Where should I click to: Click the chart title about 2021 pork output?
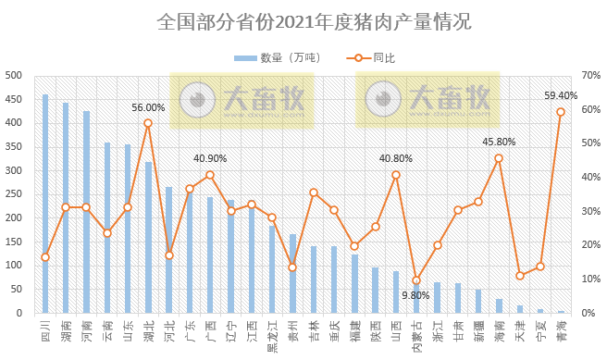pyautogui.click(x=303, y=20)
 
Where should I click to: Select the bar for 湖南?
pyautogui.click(x=66, y=208)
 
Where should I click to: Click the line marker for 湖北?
pyautogui.click(x=148, y=123)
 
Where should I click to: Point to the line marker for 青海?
pyautogui.click(x=561, y=112)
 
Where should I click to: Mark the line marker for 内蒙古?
pyautogui.click(x=416, y=279)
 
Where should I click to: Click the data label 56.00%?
pyautogui.click(x=148, y=107)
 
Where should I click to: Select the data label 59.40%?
pyautogui.click(x=561, y=95)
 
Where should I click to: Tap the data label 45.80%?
pyautogui.click(x=499, y=142)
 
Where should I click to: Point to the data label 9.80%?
pyautogui.click(x=416, y=296)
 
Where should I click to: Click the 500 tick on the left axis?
pyautogui.click(x=14, y=75)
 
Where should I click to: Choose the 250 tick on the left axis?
pyautogui.click(x=14, y=194)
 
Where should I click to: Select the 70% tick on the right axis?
pyautogui.click(x=591, y=75)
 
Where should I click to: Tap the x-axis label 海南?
pyautogui.click(x=499, y=329)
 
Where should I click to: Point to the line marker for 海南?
pyautogui.click(x=499, y=158)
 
